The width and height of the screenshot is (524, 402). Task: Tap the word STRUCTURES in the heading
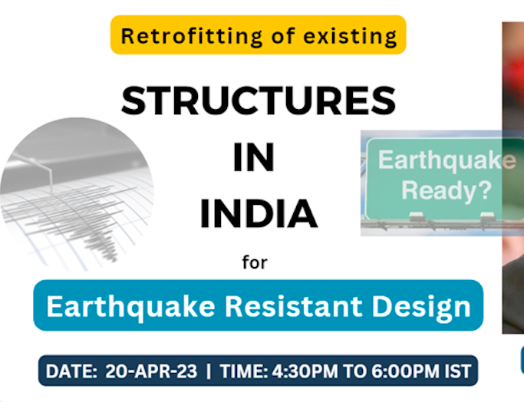pyautogui.click(x=259, y=101)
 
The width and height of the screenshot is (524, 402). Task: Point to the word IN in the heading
pyautogui.click(x=254, y=158)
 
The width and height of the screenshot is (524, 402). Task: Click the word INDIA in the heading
pyautogui.click(x=259, y=215)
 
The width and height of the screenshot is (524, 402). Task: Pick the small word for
pyautogui.click(x=255, y=263)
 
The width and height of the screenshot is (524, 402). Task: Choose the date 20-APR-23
pyautogui.click(x=150, y=371)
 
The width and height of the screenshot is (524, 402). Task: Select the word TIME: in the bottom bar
pyautogui.click(x=244, y=371)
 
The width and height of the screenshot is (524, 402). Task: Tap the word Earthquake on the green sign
pyautogui.click(x=447, y=160)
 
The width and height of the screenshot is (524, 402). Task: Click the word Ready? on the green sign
pyautogui.click(x=447, y=189)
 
